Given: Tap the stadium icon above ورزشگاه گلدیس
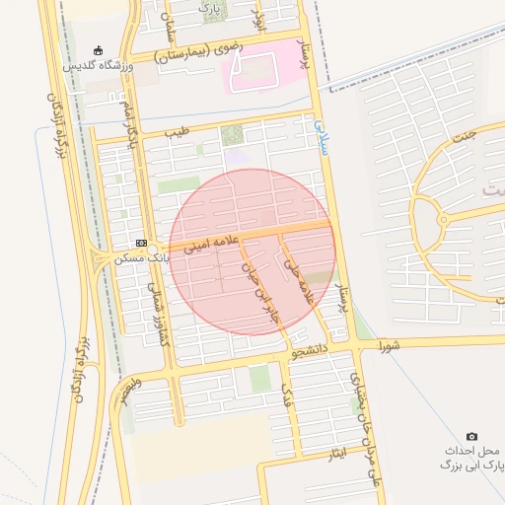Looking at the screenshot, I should [97, 50].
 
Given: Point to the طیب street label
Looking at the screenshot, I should [176, 131].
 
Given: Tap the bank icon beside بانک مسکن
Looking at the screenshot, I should [142, 243].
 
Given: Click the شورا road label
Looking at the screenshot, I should [389, 346].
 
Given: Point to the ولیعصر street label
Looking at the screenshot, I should [129, 389].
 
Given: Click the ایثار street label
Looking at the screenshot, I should [338, 455].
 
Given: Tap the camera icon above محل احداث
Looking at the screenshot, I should [471, 436].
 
